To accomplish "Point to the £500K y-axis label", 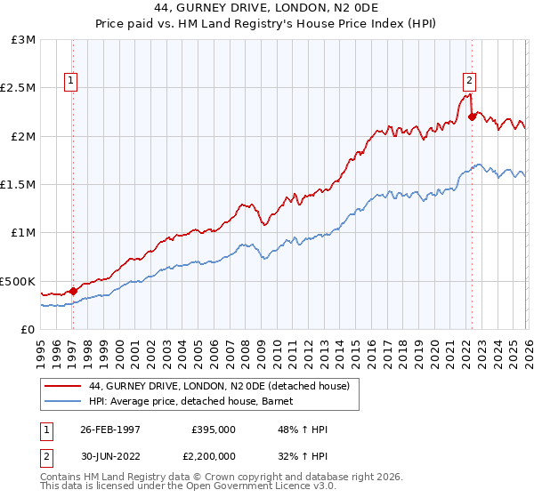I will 18,281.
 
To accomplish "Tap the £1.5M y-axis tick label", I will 18,185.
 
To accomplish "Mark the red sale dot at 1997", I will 74,291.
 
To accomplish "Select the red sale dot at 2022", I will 472,116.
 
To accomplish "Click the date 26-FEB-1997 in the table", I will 109,429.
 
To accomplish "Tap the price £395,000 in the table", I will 213,429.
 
